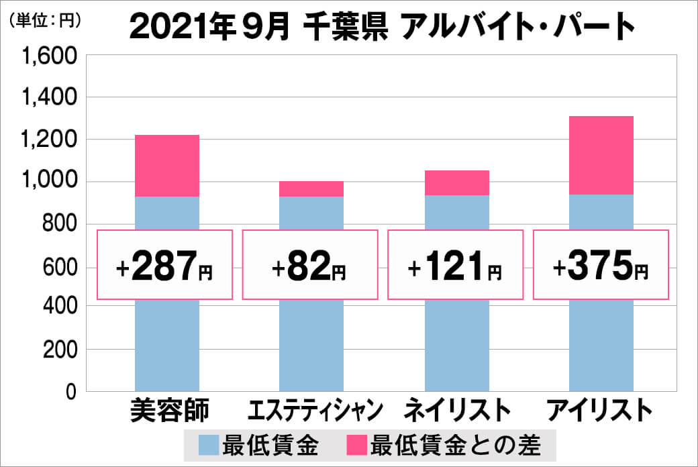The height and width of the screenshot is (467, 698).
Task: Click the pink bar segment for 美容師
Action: tap(167, 166)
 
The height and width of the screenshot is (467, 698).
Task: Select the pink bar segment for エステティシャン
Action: tap(311, 189)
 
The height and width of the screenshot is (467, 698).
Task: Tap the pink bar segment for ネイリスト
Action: tap(456, 183)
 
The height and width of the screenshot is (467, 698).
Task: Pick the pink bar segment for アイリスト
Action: tap(601, 155)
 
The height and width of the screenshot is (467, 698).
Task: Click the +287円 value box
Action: tap(165, 265)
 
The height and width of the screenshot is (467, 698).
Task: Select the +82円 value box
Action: tap(310, 265)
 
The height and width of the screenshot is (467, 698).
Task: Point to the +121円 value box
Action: tap(456, 265)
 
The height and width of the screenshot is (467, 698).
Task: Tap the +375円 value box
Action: tap(601, 265)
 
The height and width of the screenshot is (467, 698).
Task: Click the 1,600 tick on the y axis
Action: tap(50, 56)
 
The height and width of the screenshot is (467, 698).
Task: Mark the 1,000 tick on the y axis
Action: tap(50, 182)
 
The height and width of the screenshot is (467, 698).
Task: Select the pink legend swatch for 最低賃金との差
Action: tap(356, 444)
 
